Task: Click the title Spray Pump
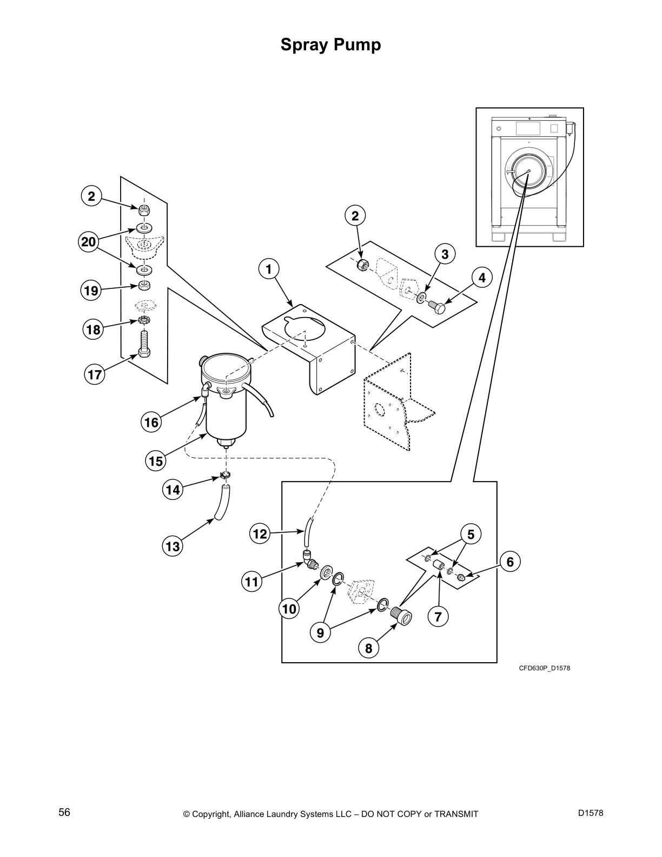330,45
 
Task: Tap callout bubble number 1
269,269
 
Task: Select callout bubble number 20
89,242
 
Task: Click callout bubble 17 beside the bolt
95,375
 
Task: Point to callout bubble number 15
156,461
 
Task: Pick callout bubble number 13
173,546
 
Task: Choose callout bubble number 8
369,648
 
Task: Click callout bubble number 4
481,278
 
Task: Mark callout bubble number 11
252,582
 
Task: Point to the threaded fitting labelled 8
402,616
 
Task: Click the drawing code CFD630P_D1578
545,668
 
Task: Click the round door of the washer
527,172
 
